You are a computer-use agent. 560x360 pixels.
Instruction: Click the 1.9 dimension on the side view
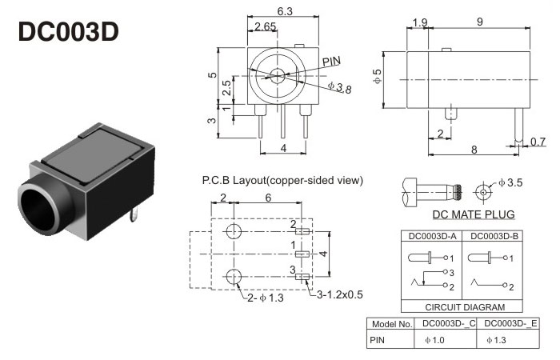click(x=419, y=22)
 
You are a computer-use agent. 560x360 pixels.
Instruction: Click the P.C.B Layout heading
click(x=282, y=181)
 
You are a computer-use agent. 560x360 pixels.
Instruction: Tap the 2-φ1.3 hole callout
click(x=264, y=298)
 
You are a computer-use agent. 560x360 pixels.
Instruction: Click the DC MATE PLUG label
click(x=474, y=214)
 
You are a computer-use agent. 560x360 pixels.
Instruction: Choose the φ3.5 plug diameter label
click(x=510, y=183)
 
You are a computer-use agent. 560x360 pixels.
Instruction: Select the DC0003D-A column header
click(x=432, y=236)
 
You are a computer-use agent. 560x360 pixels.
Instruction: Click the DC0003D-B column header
click(x=493, y=236)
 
